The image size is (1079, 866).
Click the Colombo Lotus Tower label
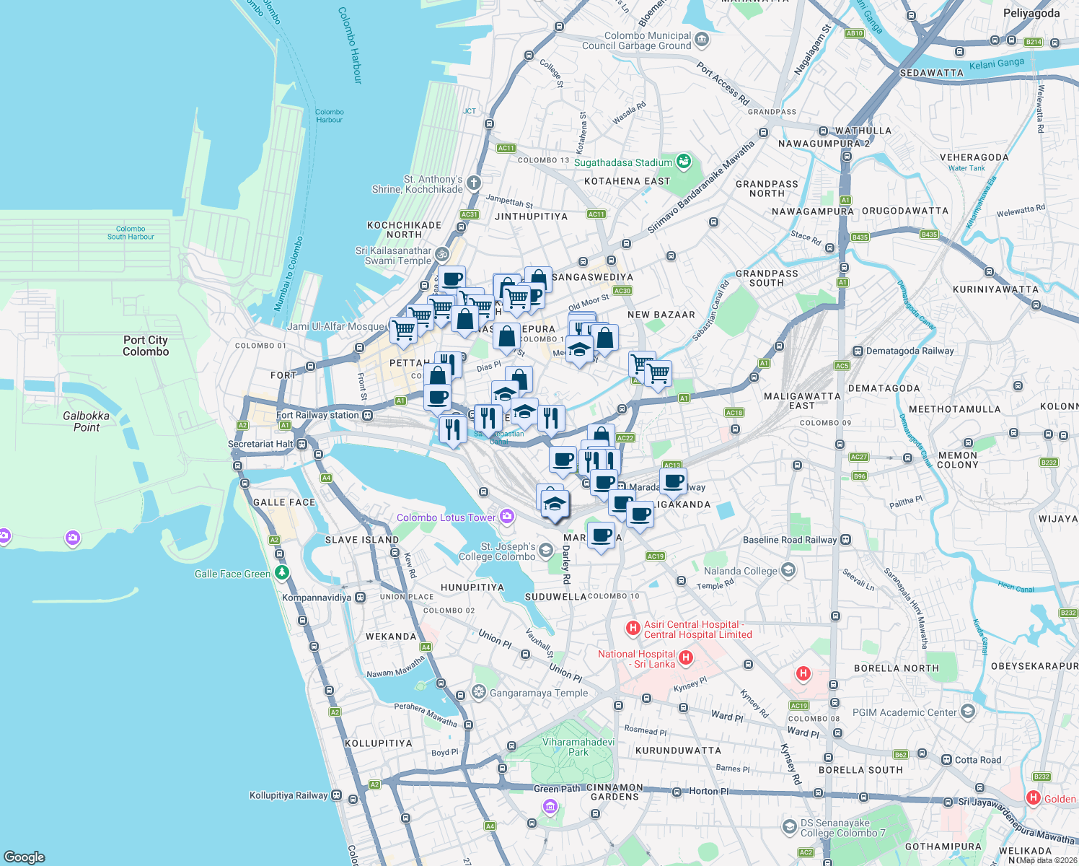[446, 517]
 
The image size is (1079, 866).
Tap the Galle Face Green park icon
[282, 573]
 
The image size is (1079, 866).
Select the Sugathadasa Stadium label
[623, 163]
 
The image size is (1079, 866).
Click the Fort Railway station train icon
[368, 415]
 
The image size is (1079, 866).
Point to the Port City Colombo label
[146, 346]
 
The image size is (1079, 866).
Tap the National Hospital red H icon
[686, 657]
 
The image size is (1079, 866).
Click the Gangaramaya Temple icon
[478, 693]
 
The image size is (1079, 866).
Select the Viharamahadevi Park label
[578, 747]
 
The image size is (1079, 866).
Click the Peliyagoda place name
[1031, 13]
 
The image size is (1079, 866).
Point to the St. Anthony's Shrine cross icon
[473, 183]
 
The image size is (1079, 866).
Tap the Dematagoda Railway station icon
[858, 351]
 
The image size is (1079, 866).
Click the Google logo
[25, 857]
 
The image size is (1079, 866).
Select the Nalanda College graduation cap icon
[788, 570]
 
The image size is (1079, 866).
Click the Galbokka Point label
[87, 421]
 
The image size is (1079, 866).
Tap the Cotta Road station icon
[946, 760]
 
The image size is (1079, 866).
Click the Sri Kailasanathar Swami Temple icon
[442, 255]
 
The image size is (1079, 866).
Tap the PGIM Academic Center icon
[967, 712]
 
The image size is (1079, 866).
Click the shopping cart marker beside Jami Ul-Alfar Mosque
[404, 330]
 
